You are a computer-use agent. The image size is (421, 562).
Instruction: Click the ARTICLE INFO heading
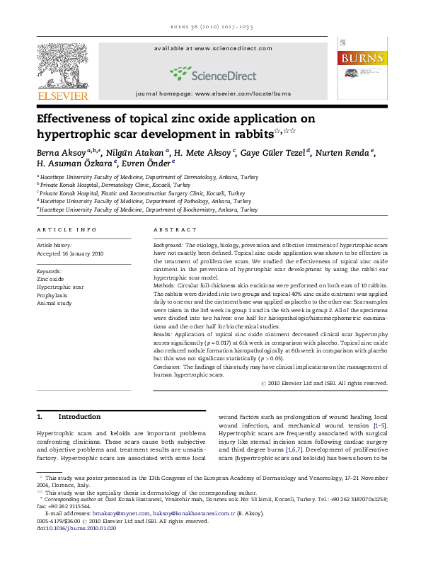[67, 230]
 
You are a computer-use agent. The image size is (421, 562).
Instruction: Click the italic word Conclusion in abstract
[168, 367]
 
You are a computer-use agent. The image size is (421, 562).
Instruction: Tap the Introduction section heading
[79, 417]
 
